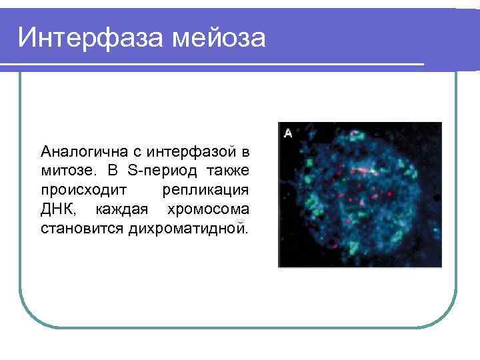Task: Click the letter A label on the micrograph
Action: pos(288,133)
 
